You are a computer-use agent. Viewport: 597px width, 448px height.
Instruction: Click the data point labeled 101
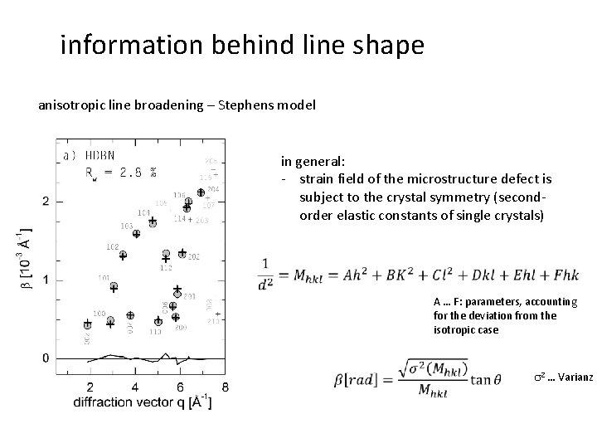pos(114,287)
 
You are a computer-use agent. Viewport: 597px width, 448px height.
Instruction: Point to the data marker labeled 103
pos(137,233)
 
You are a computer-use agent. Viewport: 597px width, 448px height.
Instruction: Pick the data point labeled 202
pos(182,256)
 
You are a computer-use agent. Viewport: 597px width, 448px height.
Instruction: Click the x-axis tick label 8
pos(226,387)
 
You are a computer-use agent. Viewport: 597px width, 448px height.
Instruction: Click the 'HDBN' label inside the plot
pos(100,156)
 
